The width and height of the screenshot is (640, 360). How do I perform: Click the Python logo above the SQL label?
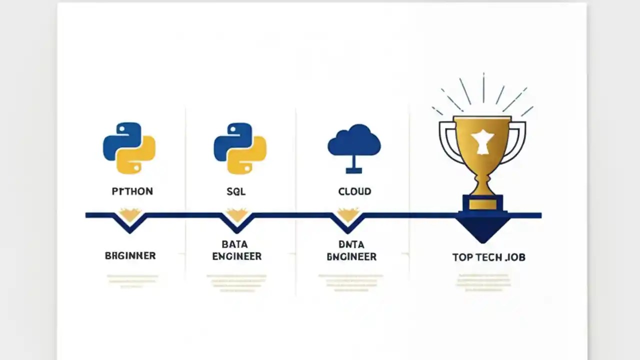(x=240, y=148)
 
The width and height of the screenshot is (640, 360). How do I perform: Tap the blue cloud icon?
(x=354, y=141)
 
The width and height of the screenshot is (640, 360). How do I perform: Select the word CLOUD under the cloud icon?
(x=354, y=191)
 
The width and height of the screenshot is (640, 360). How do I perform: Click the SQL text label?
(x=236, y=191)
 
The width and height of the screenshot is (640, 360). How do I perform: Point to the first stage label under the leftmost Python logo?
(x=132, y=191)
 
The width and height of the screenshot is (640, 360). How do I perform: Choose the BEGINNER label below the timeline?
(x=130, y=255)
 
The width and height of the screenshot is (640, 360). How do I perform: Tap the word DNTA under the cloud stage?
(x=351, y=244)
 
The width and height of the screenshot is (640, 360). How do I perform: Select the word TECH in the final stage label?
(x=495, y=257)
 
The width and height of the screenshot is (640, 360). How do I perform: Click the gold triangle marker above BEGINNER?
(x=130, y=215)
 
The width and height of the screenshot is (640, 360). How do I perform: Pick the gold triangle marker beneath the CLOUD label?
(x=348, y=214)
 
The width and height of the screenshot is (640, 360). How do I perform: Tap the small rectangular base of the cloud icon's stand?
(x=354, y=170)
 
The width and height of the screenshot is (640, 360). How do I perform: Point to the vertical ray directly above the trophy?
(x=483, y=88)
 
